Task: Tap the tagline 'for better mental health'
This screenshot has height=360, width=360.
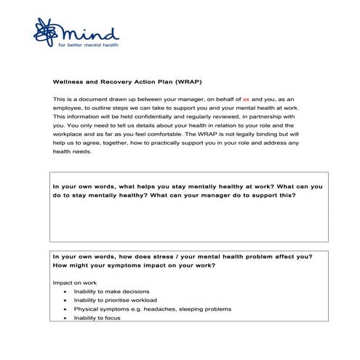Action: click(x=88, y=46)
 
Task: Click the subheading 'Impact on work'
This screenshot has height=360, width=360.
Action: click(x=74, y=281)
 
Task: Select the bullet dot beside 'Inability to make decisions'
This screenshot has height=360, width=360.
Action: click(x=65, y=291)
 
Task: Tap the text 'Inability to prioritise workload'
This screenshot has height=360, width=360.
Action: click(x=115, y=300)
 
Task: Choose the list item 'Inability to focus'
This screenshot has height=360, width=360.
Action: click(x=97, y=317)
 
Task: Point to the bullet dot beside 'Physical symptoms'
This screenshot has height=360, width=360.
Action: click(x=65, y=308)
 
